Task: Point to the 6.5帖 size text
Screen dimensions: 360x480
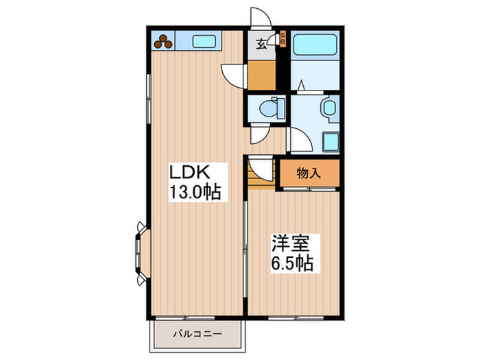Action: [291, 263]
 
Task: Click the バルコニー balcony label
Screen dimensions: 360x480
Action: [197, 335]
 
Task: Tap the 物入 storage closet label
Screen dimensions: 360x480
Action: [309, 173]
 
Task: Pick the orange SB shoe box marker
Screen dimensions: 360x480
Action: [284, 39]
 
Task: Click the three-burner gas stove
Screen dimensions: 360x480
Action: [165, 41]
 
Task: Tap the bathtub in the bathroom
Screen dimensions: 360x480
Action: [315, 45]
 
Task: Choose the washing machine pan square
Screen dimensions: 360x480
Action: [331, 142]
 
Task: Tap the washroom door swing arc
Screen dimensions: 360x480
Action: [299, 141]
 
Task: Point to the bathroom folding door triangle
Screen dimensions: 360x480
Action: [302, 86]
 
